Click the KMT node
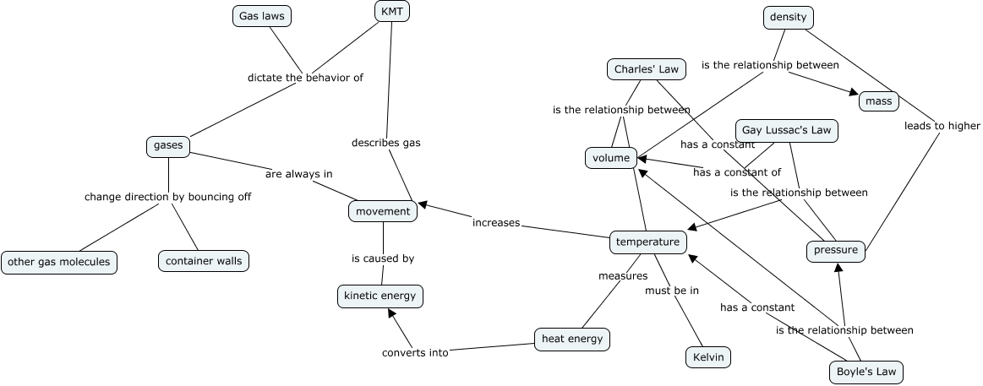tap(391, 11)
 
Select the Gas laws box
tap(262, 16)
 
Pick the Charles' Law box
tap(646, 69)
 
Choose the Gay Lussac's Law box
tap(787, 130)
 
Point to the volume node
tap(611, 158)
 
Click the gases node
tap(168, 146)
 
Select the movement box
tap(383, 211)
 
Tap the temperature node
tap(647, 242)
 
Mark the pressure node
tap(836, 250)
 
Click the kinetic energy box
tap(380, 296)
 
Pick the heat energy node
tap(572, 340)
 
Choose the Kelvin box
tap(708, 357)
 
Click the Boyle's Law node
tap(866, 372)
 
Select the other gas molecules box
tap(59, 262)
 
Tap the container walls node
tap(204, 261)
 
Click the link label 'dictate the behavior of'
tap(305, 78)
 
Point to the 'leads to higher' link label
tap(942, 126)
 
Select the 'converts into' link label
tap(415, 353)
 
